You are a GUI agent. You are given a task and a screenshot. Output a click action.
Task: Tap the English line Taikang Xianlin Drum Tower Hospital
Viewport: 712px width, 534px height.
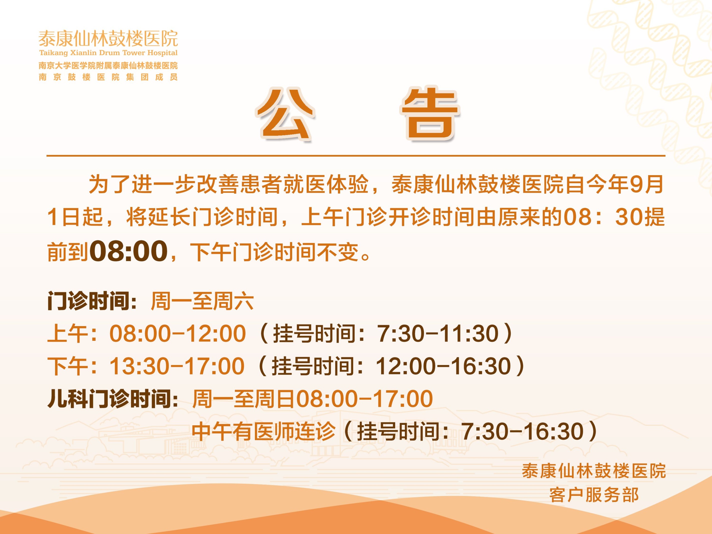click(108, 52)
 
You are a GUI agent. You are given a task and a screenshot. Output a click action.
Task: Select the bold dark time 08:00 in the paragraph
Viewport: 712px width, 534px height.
click(128, 251)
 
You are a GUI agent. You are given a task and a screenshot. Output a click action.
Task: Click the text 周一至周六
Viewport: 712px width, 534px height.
click(202, 301)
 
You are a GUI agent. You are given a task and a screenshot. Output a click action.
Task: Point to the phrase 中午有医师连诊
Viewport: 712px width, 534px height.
click(264, 431)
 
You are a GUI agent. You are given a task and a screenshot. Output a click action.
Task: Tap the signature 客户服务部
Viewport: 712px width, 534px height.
click(594, 495)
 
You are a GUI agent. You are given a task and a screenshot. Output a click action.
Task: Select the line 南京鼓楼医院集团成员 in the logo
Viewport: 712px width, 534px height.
click(108, 77)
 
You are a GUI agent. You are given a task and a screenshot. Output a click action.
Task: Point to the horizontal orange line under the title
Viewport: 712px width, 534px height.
click(356, 156)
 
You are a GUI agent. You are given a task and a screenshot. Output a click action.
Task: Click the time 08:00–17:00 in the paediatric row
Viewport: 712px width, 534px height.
click(364, 399)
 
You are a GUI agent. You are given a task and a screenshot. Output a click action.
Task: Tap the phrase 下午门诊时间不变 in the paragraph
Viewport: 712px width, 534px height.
click(274, 252)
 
